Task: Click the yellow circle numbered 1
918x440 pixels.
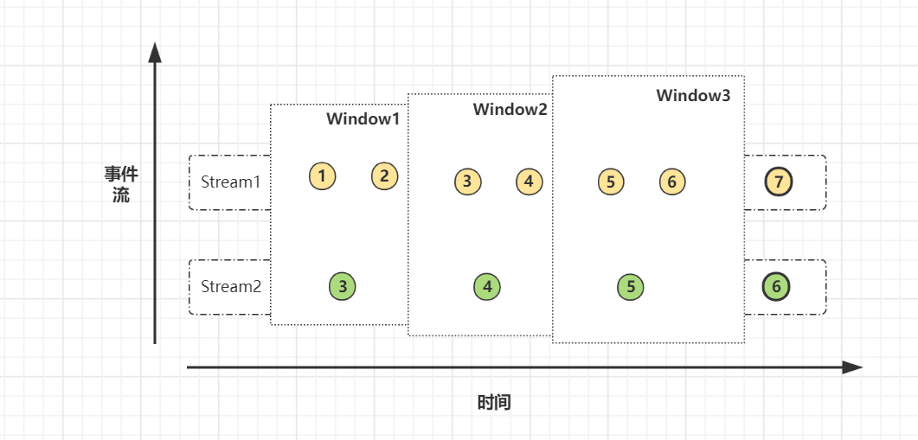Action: (x=322, y=176)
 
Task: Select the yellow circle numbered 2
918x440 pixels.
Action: (x=385, y=176)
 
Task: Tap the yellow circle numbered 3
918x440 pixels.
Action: (x=467, y=182)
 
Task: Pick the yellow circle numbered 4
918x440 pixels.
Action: (x=530, y=182)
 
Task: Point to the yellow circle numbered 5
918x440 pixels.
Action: (x=611, y=182)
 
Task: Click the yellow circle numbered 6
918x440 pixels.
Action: (x=672, y=182)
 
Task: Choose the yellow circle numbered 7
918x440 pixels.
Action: (x=779, y=182)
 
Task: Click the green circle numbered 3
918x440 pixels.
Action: (x=343, y=286)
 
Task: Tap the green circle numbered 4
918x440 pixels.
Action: (x=487, y=286)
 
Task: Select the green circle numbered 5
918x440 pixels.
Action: (x=631, y=287)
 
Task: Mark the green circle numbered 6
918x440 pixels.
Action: (x=776, y=287)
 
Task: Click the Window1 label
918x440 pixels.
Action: (x=363, y=119)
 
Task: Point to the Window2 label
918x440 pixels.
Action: (x=510, y=110)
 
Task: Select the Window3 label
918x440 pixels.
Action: (x=693, y=96)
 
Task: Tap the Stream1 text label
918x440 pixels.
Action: (x=230, y=182)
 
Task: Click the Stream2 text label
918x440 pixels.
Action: (x=230, y=286)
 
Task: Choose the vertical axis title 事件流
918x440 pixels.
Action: (x=121, y=185)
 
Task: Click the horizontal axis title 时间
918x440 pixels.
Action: (x=494, y=403)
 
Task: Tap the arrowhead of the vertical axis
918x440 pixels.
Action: (x=155, y=53)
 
